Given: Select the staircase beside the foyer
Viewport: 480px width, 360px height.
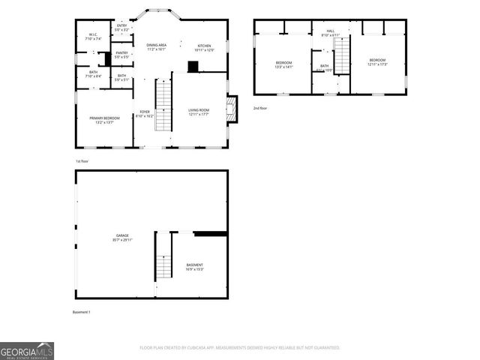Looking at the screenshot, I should pyautogui.click(x=164, y=104).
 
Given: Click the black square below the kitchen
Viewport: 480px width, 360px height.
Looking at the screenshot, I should pyautogui.click(x=193, y=67).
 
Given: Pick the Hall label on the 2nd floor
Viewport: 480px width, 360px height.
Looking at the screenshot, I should pyautogui.click(x=330, y=33).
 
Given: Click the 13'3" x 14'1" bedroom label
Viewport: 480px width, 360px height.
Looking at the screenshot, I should pyautogui.click(x=283, y=64).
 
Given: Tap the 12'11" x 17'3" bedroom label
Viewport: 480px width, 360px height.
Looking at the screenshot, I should pyautogui.click(x=377, y=61).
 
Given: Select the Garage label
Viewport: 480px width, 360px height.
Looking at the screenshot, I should pyautogui.click(x=121, y=238).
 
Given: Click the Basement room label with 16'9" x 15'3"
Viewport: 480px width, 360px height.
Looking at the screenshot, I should pyautogui.click(x=194, y=266).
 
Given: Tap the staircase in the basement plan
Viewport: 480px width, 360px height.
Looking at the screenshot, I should pyautogui.click(x=164, y=264).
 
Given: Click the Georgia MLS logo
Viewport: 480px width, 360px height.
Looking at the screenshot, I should pyautogui.click(x=27, y=350).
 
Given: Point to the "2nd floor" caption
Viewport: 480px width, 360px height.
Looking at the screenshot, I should pyautogui.click(x=259, y=108).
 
